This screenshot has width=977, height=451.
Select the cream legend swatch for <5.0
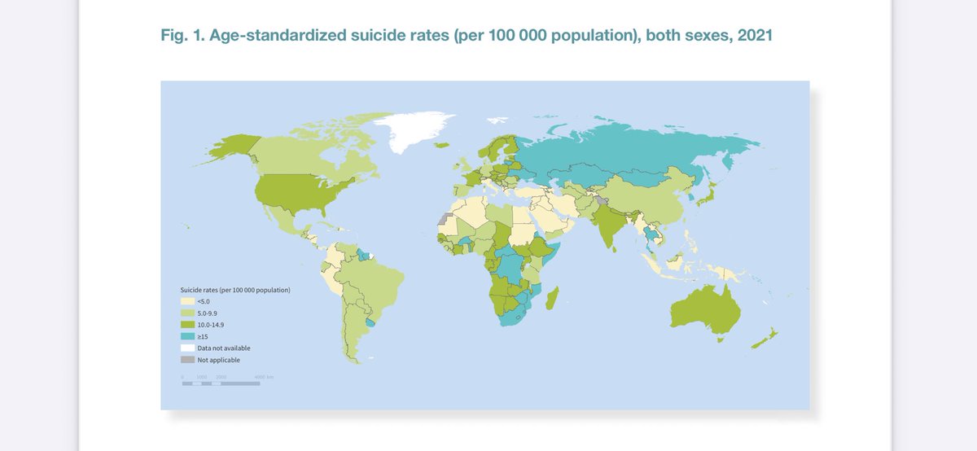(x=187, y=301)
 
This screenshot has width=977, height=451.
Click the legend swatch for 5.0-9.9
(x=187, y=313)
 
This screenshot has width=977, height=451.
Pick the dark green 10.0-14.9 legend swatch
(x=187, y=324)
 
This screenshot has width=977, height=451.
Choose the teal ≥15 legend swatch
(x=187, y=335)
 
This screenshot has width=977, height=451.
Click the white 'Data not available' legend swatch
(x=187, y=348)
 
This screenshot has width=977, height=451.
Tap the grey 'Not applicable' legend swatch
(x=187, y=359)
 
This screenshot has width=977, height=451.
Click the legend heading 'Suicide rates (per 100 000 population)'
(x=235, y=290)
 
